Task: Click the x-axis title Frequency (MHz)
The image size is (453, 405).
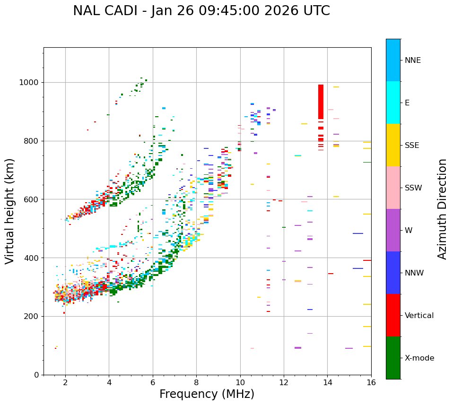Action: pyautogui.click(x=207, y=394)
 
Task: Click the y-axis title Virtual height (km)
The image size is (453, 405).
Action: pyautogui.click(x=10, y=211)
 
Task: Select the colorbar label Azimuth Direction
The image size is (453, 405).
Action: pyautogui.click(x=442, y=209)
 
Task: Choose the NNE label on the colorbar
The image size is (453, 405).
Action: pyautogui.click(x=412, y=60)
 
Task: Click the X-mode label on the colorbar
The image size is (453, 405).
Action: pyautogui.click(x=419, y=358)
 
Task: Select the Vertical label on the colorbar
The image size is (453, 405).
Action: pyautogui.click(x=419, y=316)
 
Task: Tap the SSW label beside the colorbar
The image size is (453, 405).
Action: pyautogui.click(x=413, y=188)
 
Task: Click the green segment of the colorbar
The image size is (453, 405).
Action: pyautogui.click(x=393, y=358)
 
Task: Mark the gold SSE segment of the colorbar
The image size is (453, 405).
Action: pyautogui.click(x=393, y=145)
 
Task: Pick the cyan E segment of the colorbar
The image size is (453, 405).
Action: pyautogui.click(x=393, y=103)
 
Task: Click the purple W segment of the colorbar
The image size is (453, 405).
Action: pyautogui.click(x=393, y=230)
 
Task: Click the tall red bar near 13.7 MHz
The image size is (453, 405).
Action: pyautogui.click(x=321, y=102)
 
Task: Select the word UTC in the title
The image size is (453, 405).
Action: pyautogui.click(x=316, y=11)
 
